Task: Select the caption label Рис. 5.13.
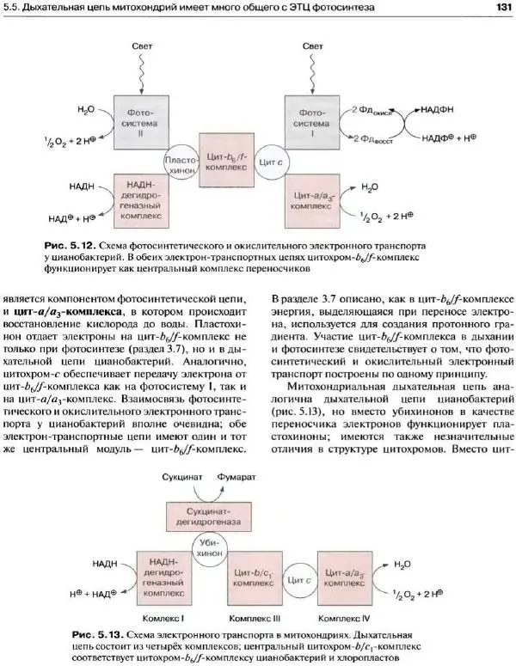pos(99,633)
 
